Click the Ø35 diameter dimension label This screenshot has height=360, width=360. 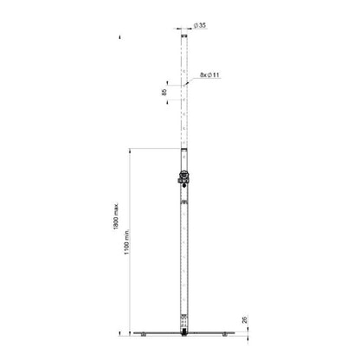point(200,25)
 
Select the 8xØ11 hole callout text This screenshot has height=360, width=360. point(209,75)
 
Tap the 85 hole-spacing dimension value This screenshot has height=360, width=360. point(164,93)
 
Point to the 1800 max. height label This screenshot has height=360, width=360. point(116,216)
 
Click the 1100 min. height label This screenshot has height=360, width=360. point(127,242)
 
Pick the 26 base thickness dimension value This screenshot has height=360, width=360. point(245,319)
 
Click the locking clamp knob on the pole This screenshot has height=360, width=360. point(183,177)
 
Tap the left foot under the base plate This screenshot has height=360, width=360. point(143,335)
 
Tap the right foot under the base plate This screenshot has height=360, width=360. point(225,335)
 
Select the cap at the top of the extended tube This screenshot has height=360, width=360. point(184,35)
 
